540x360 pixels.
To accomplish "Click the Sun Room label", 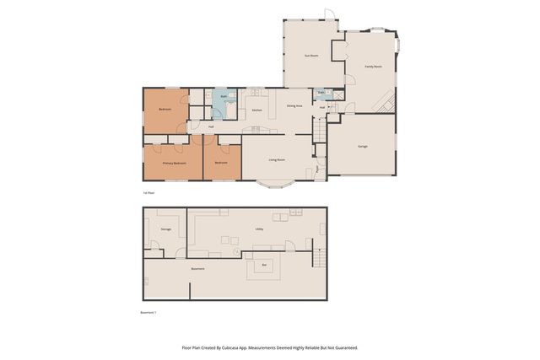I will coord(311,56).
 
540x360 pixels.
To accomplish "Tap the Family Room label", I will coord(373,66).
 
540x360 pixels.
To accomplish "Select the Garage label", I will coord(362,146).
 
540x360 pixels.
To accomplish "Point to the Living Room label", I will coord(276,159).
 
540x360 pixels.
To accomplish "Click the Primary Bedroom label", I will coord(174,163).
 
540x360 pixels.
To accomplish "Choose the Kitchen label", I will coord(256,110).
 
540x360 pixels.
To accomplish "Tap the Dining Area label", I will coord(294,106).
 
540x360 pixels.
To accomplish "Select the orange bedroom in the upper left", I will coord(165,109).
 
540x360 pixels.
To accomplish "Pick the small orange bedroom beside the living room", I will coord(221,161).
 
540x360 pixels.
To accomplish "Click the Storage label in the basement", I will coord(166,229).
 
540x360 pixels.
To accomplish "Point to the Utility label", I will coord(259,228).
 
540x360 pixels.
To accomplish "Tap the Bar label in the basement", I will coord(264,266).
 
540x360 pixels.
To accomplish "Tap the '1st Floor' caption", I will coord(148,193).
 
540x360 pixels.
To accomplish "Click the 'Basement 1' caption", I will coord(148,313).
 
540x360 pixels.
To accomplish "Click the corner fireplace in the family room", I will coord(387,103).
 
